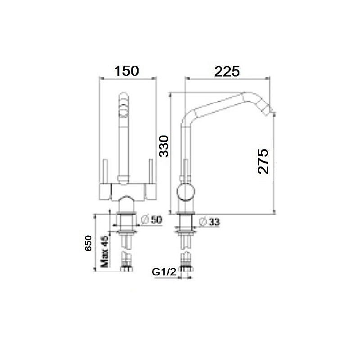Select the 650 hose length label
[x=88, y=243]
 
